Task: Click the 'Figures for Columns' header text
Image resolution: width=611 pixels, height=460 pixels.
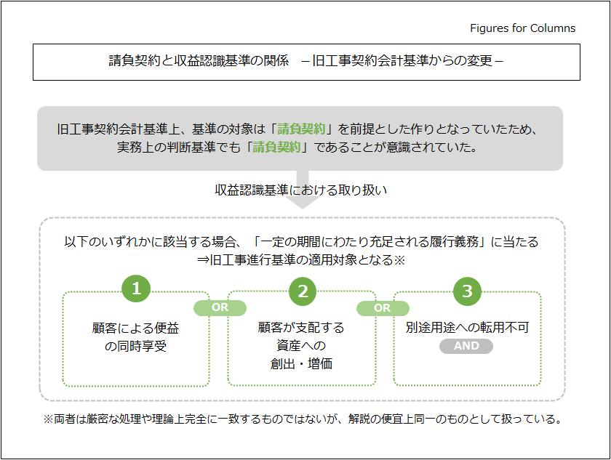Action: (x=522, y=28)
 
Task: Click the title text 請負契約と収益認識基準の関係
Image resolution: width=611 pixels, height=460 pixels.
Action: (x=199, y=61)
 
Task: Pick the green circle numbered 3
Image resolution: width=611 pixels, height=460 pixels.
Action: (x=467, y=291)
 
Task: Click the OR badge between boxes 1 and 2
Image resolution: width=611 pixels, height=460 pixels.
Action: (x=220, y=307)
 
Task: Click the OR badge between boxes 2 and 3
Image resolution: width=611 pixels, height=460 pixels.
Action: (x=383, y=307)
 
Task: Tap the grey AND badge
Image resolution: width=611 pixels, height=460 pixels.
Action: (x=466, y=346)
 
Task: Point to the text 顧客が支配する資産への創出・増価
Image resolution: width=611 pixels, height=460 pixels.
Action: (x=301, y=345)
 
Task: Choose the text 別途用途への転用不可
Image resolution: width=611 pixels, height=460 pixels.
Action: (x=467, y=327)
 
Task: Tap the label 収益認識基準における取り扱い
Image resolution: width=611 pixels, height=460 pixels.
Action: (x=300, y=190)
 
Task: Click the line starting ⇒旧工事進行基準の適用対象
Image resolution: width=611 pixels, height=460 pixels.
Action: (x=300, y=260)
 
